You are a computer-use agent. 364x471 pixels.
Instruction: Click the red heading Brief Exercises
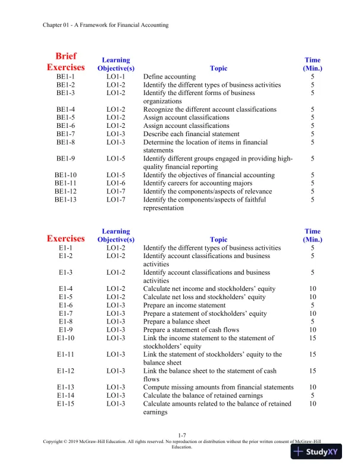point(65,62)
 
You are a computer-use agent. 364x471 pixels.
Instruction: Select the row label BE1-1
point(65,77)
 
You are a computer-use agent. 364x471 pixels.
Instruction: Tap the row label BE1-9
point(65,159)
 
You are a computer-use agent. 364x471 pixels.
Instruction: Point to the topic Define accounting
point(170,77)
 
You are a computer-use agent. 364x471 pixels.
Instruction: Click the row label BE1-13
point(65,200)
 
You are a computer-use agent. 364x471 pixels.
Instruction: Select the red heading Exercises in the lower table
point(65,239)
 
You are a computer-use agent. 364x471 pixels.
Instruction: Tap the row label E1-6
point(65,305)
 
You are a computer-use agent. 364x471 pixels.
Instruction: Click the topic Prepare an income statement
point(184,305)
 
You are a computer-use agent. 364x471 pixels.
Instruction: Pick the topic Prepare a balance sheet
point(179,322)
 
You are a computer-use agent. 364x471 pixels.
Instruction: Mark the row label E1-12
point(65,371)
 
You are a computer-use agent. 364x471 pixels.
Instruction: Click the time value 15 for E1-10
point(312,338)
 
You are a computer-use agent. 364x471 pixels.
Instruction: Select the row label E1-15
point(65,404)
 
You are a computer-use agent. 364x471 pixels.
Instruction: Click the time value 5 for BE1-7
point(312,134)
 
